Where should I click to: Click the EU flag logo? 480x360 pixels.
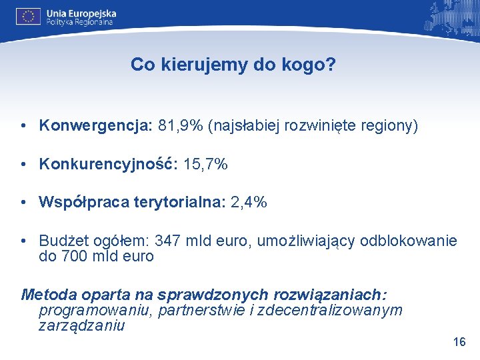(x=29, y=16)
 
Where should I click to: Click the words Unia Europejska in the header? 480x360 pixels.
(x=81, y=13)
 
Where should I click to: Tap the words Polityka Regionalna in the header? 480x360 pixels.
(x=79, y=22)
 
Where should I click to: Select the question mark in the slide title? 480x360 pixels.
(x=331, y=65)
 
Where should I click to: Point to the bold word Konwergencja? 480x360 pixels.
(x=96, y=126)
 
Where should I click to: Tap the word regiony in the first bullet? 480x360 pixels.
(x=391, y=126)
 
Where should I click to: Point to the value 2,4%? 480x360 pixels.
(x=249, y=202)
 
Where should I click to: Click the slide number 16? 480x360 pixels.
(x=459, y=342)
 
